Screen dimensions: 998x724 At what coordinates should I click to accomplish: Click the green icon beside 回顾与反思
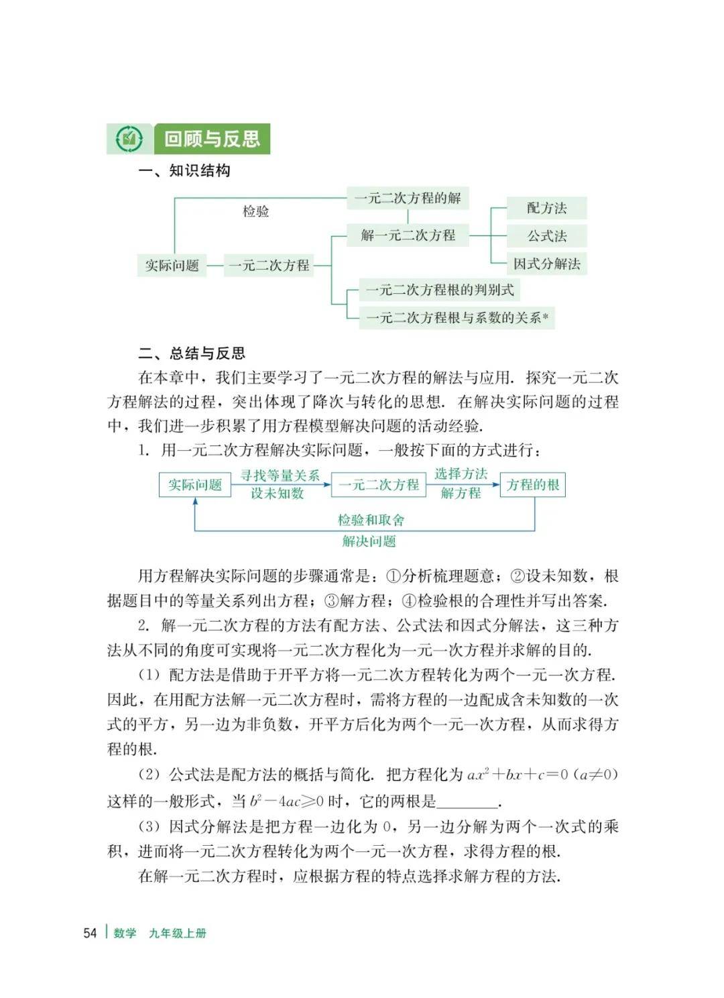pyautogui.click(x=129, y=140)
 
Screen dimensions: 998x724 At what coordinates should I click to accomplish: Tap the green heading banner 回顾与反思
pyautogui.click(x=212, y=140)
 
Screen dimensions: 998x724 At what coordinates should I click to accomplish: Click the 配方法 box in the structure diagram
pyautogui.click(x=546, y=208)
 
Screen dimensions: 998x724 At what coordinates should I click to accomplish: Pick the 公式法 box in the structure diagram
pyautogui.click(x=546, y=236)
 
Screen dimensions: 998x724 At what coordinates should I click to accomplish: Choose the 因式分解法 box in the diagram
pyautogui.click(x=546, y=264)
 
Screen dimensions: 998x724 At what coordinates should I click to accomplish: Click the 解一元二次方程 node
pyautogui.click(x=408, y=235)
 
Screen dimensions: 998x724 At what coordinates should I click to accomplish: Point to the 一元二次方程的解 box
pyautogui.click(x=408, y=198)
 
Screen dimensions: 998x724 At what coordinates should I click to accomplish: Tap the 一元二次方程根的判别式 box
pyautogui.click(x=439, y=290)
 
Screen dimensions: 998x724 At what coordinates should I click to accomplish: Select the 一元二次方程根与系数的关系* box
pyautogui.click(x=457, y=318)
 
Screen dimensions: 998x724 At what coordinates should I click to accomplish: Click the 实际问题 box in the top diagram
pyautogui.click(x=172, y=266)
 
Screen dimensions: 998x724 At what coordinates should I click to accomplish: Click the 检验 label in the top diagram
pyautogui.click(x=255, y=212)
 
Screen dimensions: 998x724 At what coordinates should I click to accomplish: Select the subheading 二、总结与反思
pyautogui.click(x=192, y=353)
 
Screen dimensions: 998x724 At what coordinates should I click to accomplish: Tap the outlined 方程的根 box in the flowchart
pyautogui.click(x=533, y=485)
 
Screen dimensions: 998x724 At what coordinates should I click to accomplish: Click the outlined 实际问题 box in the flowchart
pyautogui.click(x=194, y=485)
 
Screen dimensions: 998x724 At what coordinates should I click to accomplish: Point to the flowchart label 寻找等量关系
pyautogui.click(x=280, y=476)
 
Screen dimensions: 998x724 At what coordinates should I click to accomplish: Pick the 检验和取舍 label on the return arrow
pyautogui.click(x=371, y=520)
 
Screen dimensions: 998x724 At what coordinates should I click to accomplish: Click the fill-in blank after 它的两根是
pyautogui.click(x=469, y=801)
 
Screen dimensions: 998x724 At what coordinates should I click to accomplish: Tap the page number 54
pyautogui.click(x=90, y=933)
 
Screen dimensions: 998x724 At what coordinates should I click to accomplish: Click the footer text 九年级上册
pyautogui.click(x=178, y=933)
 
